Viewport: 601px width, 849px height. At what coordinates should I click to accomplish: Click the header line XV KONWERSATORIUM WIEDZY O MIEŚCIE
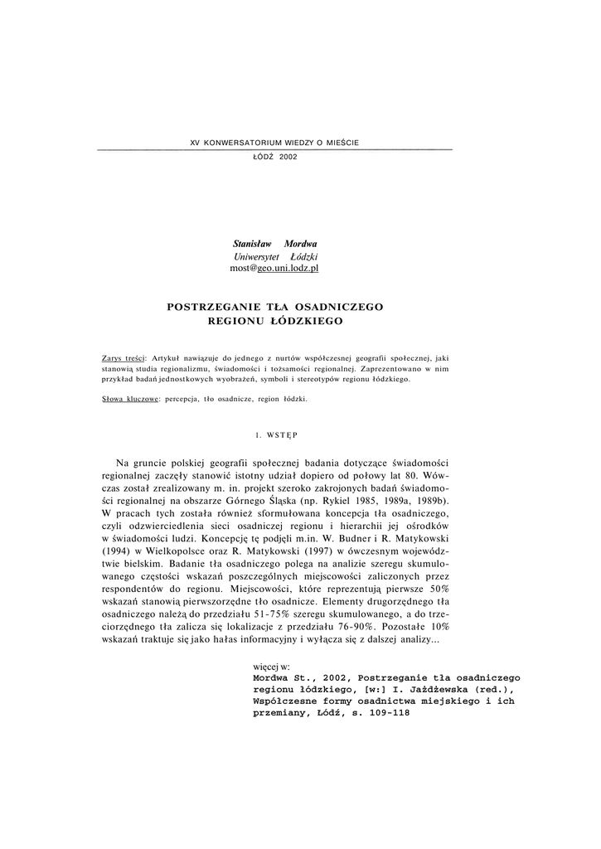click(x=274, y=143)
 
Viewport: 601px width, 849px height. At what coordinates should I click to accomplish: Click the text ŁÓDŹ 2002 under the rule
click(x=274, y=156)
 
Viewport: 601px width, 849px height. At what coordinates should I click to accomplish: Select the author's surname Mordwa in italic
click(x=301, y=244)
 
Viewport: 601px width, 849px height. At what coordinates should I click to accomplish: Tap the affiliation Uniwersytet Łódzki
click(x=275, y=256)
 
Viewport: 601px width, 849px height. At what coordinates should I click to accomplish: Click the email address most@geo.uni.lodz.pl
click(x=274, y=269)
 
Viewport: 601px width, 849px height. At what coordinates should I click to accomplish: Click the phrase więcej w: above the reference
click(x=270, y=666)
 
